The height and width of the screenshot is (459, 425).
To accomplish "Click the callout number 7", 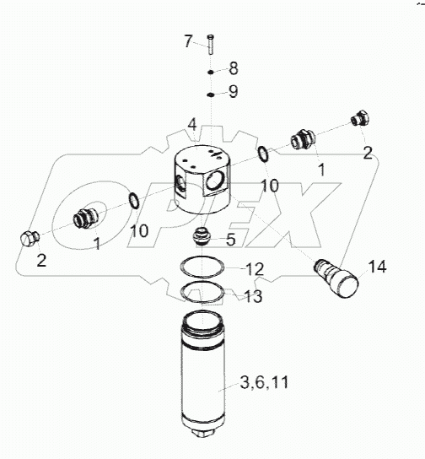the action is [x=188, y=41].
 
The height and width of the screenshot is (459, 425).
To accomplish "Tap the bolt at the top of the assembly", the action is [x=211, y=44].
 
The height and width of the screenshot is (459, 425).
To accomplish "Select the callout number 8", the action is [x=234, y=68].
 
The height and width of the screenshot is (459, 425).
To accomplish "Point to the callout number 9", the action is [x=233, y=91].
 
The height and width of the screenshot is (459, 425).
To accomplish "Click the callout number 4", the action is [x=192, y=125].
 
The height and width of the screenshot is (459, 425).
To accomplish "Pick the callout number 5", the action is [x=231, y=240].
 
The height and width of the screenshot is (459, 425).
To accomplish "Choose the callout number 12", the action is [x=255, y=269].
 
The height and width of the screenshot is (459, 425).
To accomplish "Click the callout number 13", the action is [x=253, y=296].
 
